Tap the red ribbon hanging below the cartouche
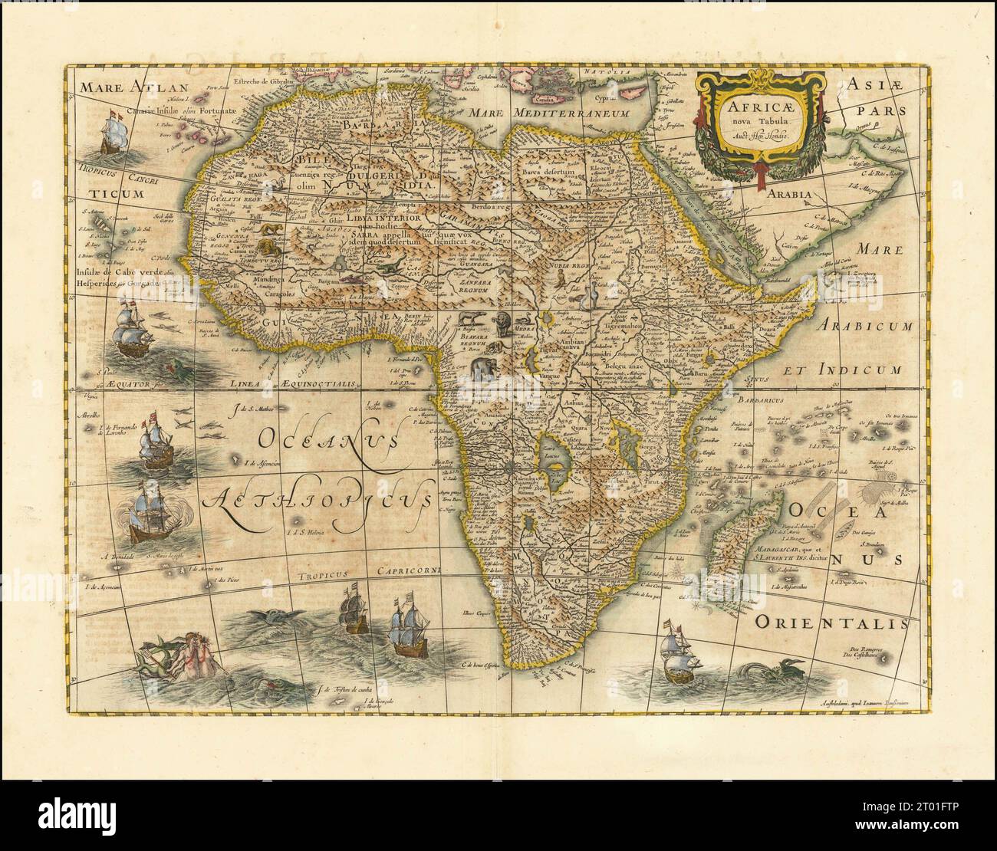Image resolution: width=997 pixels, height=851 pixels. [x=760, y=172]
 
